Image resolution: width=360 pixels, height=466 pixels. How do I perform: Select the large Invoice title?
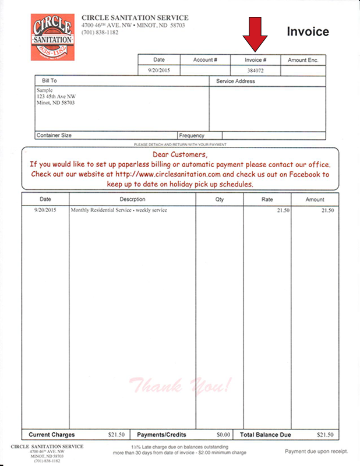[x=308, y=32]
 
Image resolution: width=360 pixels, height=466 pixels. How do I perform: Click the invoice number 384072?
[x=256, y=70]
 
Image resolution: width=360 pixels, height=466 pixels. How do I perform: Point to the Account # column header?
[x=205, y=60]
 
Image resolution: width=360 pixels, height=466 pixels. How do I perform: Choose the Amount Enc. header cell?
[x=303, y=60]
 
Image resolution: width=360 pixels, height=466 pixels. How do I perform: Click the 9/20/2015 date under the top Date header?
[x=159, y=70]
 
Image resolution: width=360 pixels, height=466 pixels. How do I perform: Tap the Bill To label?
[x=50, y=81]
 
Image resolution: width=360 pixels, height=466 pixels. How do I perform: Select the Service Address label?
[x=235, y=82]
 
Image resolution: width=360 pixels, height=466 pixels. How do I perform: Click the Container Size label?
[x=54, y=135]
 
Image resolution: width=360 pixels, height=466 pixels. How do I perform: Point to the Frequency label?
[x=192, y=135]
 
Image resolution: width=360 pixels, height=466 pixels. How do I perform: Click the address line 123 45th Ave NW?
[x=57, y=97]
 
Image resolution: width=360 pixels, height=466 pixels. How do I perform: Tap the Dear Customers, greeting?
[x=180, y=155]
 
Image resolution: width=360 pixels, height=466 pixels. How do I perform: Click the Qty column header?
[x=219, y=199]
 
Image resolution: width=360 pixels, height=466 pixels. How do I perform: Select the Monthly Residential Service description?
[x=119, y=210]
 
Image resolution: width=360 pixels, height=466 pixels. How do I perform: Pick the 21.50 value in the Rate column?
[x=283, y=210]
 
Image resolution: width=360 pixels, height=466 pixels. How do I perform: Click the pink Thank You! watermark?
[x=181, y=385]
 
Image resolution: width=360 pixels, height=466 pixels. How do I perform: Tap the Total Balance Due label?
[x=265, y=435]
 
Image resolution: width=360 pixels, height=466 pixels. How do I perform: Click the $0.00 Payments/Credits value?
[x=224, y=435]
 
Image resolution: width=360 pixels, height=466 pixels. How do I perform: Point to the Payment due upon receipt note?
[x=316, y=451]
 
